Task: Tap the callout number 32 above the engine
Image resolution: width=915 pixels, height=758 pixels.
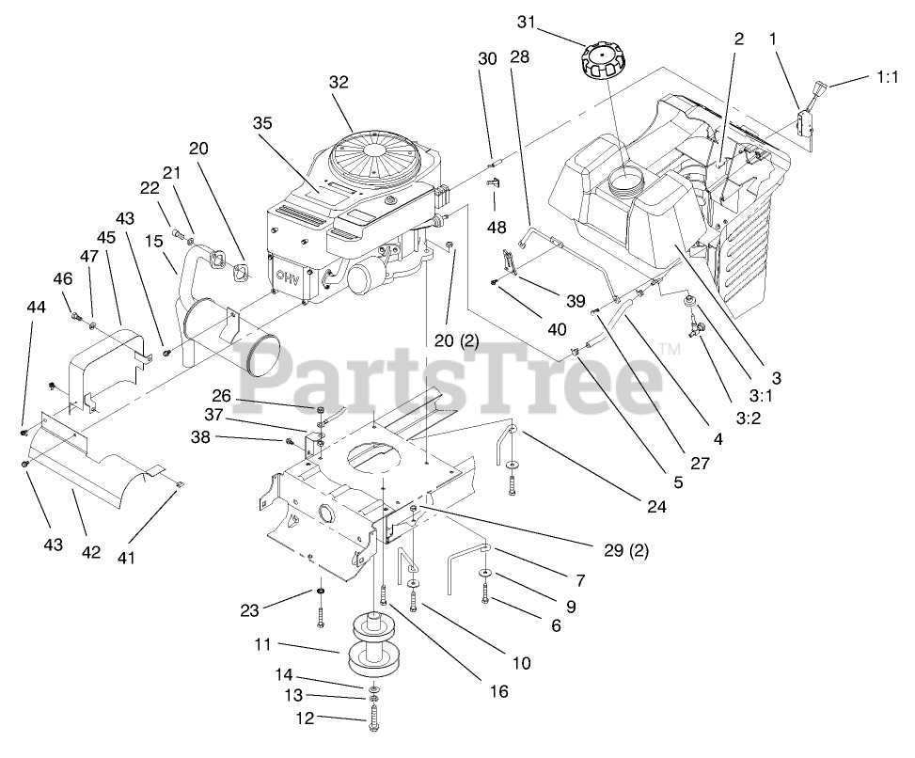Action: click(339, 82)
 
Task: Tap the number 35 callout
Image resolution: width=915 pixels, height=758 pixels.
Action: click(263, 122)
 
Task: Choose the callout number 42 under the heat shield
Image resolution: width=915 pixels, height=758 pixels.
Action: click(90, 552)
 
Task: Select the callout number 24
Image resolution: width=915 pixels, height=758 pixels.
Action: click(655, 506)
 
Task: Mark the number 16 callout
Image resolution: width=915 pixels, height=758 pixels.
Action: click(498, 691)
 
